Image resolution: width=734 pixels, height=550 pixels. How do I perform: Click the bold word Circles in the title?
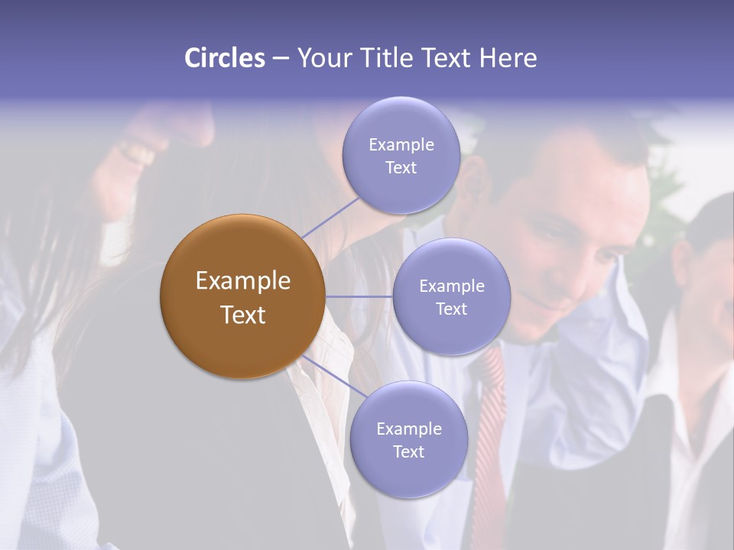[224, 58]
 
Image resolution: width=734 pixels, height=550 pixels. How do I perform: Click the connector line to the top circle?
[330, 216]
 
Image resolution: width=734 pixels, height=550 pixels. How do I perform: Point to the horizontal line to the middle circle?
[359, 296]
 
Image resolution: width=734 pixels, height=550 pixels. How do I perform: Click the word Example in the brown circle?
[242, 281]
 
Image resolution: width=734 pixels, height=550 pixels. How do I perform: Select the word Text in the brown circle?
[242, 315]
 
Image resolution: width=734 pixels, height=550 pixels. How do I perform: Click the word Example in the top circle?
[401, 144]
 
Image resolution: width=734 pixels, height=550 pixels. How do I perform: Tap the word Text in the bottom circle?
[408, 451]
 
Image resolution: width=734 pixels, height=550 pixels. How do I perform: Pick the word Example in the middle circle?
[451, 286]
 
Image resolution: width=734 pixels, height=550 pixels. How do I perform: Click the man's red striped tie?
[490, 428]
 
